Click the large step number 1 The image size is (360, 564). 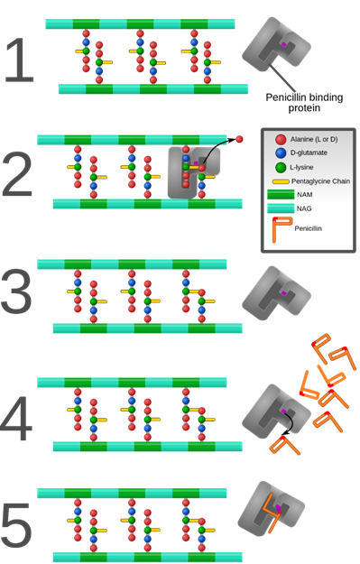point(20,60)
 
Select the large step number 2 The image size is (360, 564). point(17,174)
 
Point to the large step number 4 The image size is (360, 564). point(16,418)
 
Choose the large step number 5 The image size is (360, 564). point(16,525)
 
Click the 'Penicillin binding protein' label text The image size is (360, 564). point(304,103)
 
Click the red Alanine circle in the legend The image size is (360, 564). point(281,140)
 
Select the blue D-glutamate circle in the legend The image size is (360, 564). point(281,153)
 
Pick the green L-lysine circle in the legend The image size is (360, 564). point(281,167)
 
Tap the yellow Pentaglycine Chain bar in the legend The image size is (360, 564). point(281,181)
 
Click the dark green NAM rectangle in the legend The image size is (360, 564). point(281,195)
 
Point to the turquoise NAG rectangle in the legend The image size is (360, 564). point(281,208)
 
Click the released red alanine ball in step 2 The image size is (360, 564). point(239,139)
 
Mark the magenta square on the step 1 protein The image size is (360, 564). point(283,44)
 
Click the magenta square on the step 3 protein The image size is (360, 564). point(283,293)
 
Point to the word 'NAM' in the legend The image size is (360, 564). point(305,195)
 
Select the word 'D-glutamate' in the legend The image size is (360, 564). point(309,153)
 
